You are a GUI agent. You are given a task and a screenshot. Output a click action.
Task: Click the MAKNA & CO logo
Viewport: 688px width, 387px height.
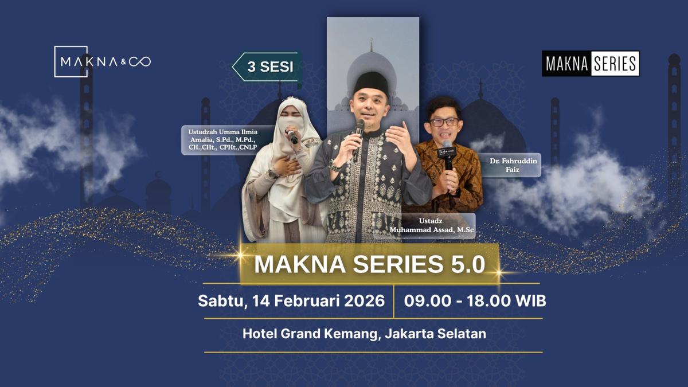[102, 61]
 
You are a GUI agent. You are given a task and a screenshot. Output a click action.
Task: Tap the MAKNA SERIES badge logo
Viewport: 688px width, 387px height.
[591, 64]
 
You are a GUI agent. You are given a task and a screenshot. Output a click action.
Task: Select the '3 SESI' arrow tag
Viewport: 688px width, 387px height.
[268, 67]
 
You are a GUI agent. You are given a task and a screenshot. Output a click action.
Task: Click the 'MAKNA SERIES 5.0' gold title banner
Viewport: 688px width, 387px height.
[370, 264]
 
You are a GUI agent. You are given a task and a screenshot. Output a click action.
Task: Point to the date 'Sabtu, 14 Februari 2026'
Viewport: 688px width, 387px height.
[291, 301]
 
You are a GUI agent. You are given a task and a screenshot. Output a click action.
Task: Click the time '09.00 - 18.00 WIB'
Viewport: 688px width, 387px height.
[475, 301]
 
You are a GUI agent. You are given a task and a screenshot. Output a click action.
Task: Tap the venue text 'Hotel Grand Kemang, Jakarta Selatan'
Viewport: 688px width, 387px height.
[364, 333]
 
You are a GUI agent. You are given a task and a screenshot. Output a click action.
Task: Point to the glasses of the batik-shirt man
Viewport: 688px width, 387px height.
[444, 122]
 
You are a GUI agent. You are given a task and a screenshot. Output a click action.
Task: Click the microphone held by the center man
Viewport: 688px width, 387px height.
[358, 131]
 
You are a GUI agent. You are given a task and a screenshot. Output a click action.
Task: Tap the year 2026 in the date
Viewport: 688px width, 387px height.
[364, 301]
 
